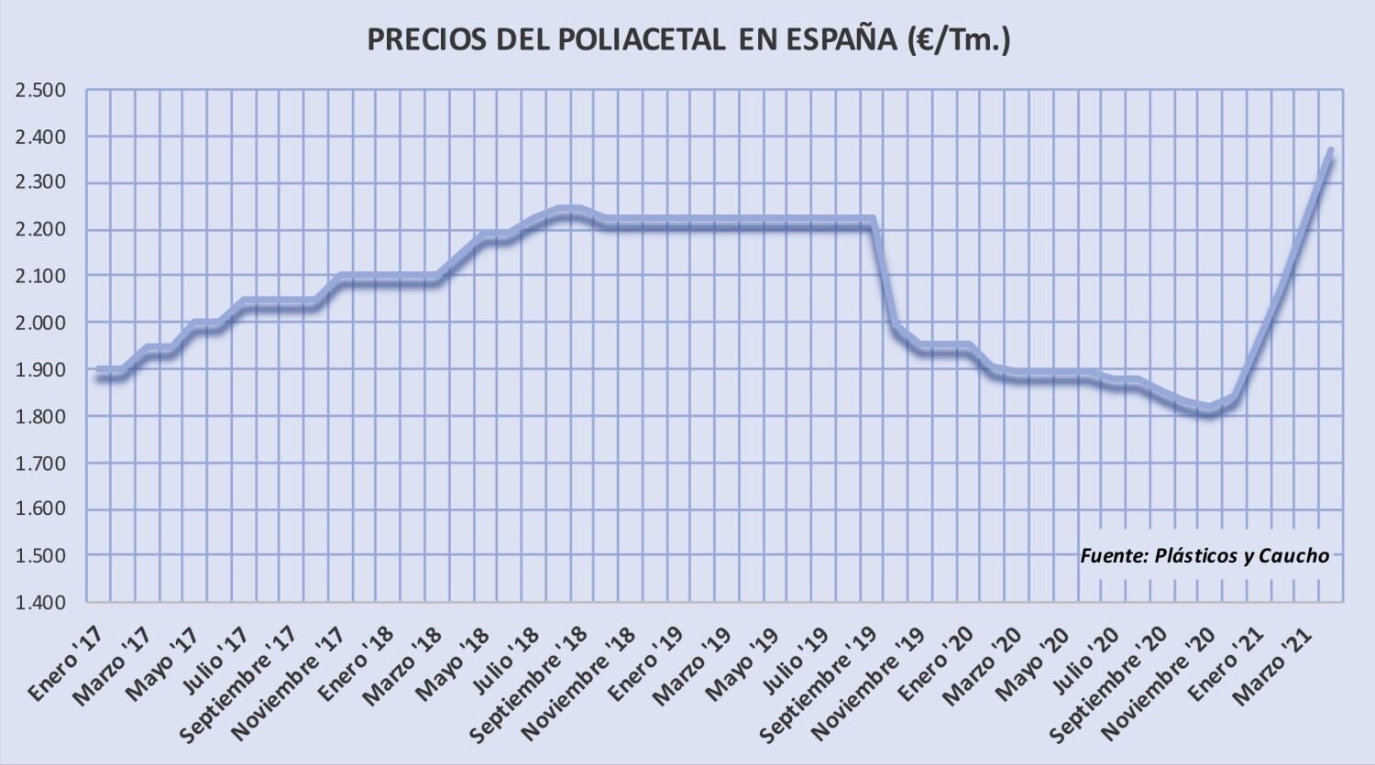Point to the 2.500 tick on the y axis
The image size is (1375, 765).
(40, 90)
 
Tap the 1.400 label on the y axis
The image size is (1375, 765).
(40, 602)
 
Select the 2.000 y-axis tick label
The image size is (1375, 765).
(40, 322)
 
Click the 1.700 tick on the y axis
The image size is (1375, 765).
(40, 463)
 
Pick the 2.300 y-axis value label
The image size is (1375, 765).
(40, 182)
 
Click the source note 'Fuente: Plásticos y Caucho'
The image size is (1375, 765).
(1204, 555)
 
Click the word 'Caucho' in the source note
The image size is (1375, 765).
(1292, 555)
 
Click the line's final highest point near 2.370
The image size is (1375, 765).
(1330, 152)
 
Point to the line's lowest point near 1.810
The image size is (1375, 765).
(1209, 410)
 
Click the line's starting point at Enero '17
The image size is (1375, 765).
(98, 372)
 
